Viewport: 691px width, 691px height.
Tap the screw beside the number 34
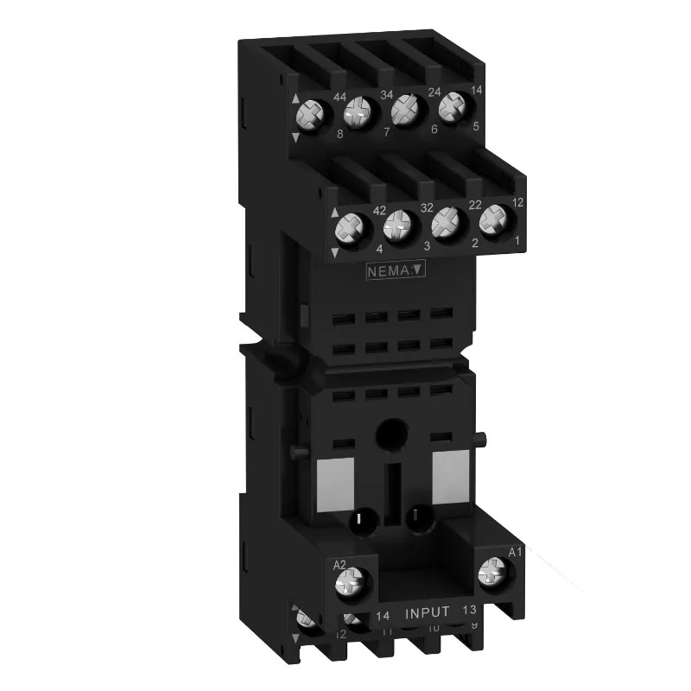click(356, 113)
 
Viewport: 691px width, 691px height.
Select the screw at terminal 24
click(402, 110)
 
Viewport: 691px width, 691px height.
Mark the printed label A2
click(340, 565)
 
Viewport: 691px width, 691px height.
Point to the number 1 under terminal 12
click(517, 239)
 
